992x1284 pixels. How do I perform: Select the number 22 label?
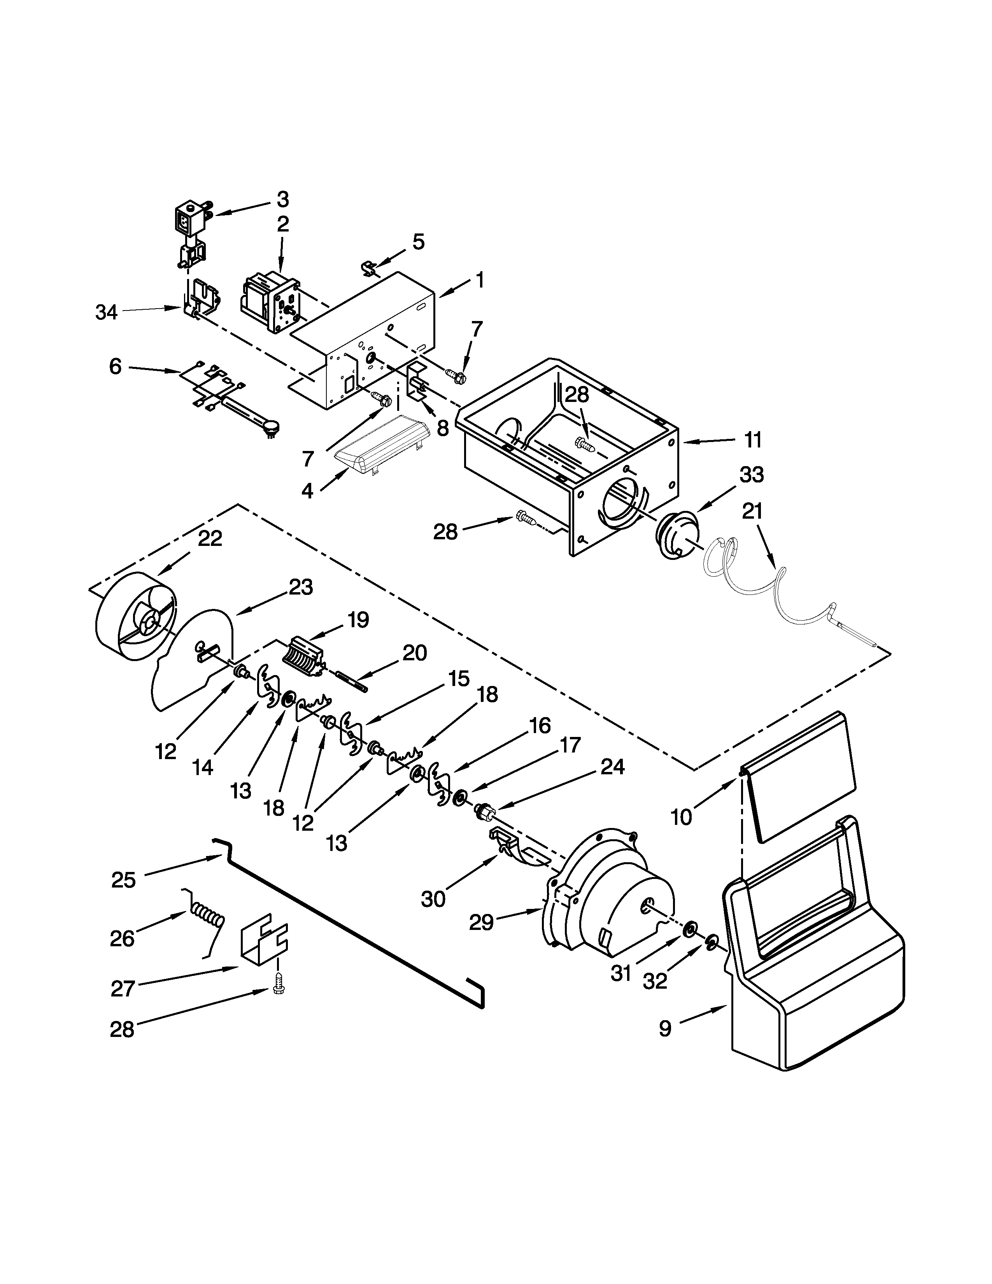click(210, 539)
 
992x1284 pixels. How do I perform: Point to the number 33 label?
click(752, 474)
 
